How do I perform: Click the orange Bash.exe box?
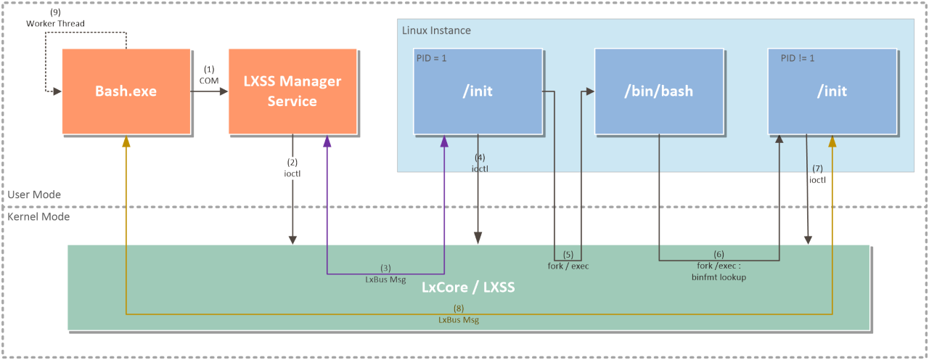126,91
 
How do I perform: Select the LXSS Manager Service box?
292,91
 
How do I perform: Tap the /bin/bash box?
659,91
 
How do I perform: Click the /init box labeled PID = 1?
478,91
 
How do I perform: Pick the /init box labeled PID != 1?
832,91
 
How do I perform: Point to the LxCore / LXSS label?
468,287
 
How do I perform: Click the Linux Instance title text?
436,30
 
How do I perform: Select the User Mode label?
34,195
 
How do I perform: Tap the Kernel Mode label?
38,216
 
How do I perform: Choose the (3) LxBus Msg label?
385,274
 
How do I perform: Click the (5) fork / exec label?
568,261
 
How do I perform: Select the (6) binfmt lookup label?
719,266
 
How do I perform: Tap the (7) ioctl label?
817,175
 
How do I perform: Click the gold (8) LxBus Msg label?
459,314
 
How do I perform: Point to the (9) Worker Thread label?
55,19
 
